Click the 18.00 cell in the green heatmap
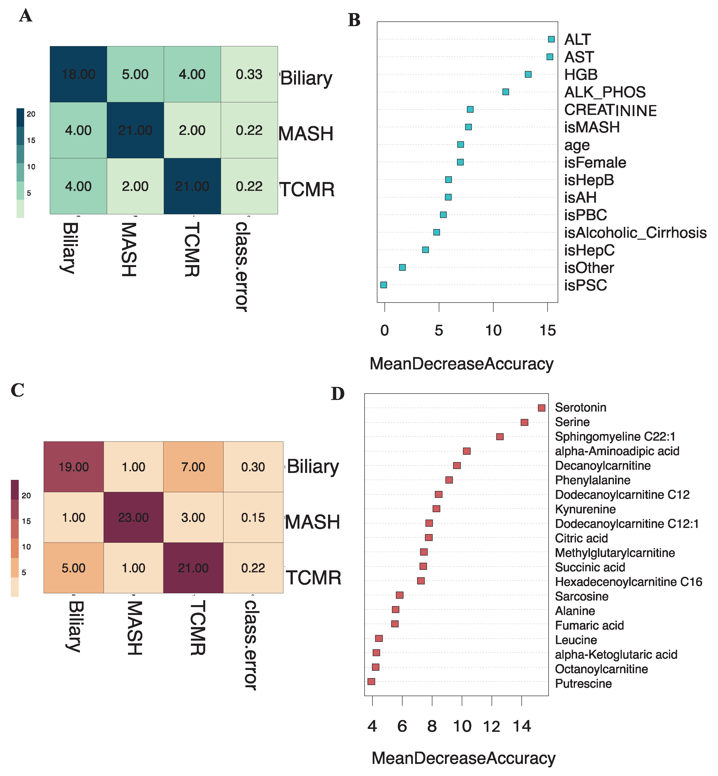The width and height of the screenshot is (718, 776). (x=78, y=74)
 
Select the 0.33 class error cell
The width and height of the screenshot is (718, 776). (x=249, y=74)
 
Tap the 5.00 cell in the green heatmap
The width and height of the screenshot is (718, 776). (x=135, y=74)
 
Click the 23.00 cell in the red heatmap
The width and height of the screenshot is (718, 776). (x=133, y=517)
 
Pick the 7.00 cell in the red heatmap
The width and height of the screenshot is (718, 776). (x=193, y=467)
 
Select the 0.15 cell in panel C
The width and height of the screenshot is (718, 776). (x=253, y=517)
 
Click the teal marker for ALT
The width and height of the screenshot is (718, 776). (x=551, y=39)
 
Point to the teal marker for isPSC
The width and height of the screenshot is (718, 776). (x=384, y=285)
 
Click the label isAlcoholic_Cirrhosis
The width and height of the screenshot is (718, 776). (x=635, y=233)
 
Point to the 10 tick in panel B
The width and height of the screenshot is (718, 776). (x=493, y=330)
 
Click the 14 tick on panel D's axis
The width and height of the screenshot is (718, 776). (x=521, y=726)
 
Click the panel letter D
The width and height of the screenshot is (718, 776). (x=338, y=394)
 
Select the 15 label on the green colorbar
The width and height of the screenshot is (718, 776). (x=31, y=141)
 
